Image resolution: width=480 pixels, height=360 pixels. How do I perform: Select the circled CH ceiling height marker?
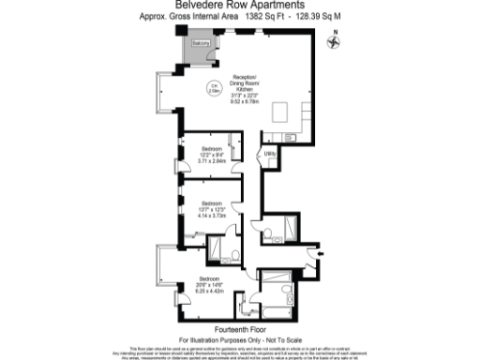pos(213,90)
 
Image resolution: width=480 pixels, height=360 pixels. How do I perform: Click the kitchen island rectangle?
pos(279,112)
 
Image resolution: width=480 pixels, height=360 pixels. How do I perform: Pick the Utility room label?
pos(268,153)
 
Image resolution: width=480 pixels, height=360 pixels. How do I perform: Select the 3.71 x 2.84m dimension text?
pos(213,160)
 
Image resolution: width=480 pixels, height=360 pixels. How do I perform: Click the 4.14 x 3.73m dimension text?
pos(213,215)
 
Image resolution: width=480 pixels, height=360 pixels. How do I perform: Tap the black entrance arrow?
pos(322,252)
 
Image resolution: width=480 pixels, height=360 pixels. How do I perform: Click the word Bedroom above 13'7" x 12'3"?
pos(213,203)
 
